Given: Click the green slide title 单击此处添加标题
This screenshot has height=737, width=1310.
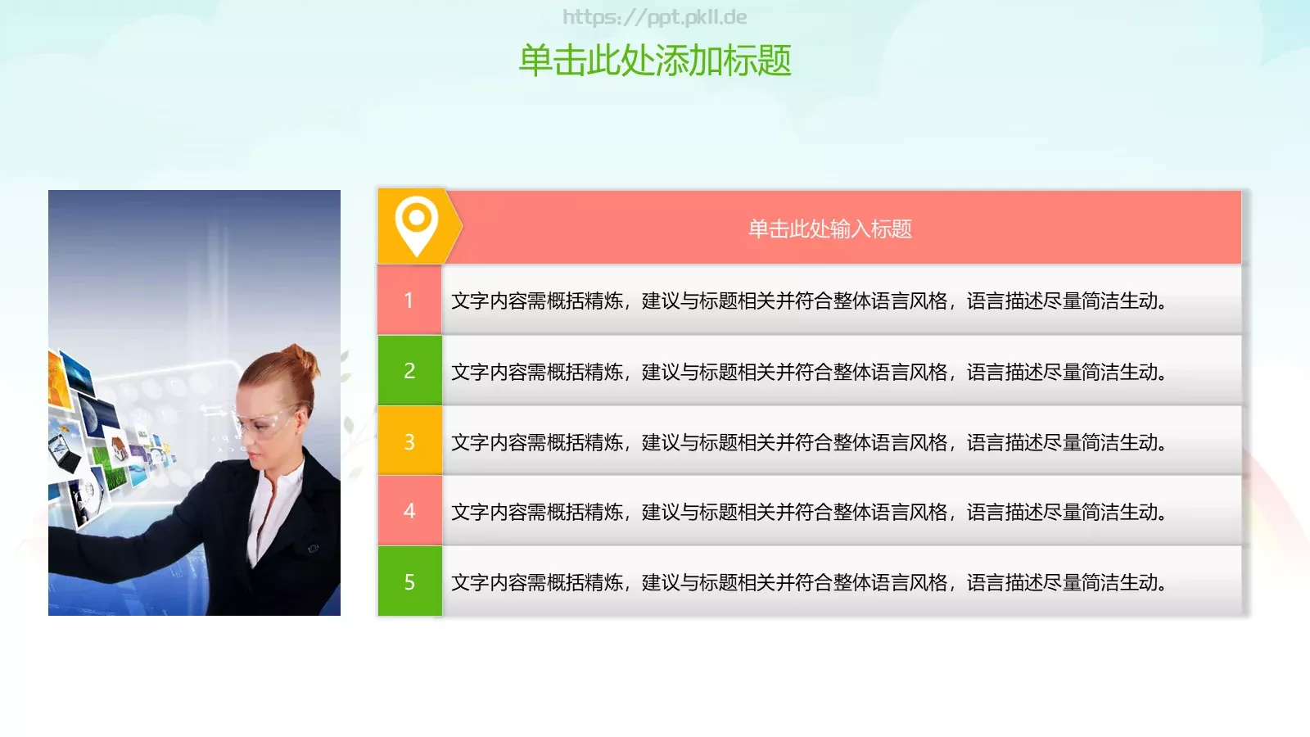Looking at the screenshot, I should click(x=655, y=61).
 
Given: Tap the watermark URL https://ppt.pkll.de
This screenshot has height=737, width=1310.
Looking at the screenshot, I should click(x=654, y=17).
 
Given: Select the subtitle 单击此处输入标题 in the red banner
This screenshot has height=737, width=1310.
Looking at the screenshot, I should click(x=829, y=228).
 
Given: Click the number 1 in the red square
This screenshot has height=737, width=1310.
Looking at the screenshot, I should click(x=409, y=301).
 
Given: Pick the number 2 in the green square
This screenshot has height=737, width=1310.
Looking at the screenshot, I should click(x=409, y=371).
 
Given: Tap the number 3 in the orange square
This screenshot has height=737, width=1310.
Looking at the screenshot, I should click(x=409, y=442).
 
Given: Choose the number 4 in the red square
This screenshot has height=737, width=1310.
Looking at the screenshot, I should click(x=409, y=512).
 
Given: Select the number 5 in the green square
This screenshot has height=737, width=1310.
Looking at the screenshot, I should click(x=409, y=582).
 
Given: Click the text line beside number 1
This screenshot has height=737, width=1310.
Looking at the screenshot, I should click(x=808, y=301).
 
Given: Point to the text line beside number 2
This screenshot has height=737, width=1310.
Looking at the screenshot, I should click(x=808, y=372).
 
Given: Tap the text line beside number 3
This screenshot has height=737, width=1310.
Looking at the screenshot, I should click(x=808, y=442).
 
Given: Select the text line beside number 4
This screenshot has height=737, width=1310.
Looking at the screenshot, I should click(x=808, y=513).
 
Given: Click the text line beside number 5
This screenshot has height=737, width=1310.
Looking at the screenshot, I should click(x=808, y=582).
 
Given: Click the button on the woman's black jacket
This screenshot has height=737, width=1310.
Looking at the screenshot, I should click(x=312, y=548).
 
